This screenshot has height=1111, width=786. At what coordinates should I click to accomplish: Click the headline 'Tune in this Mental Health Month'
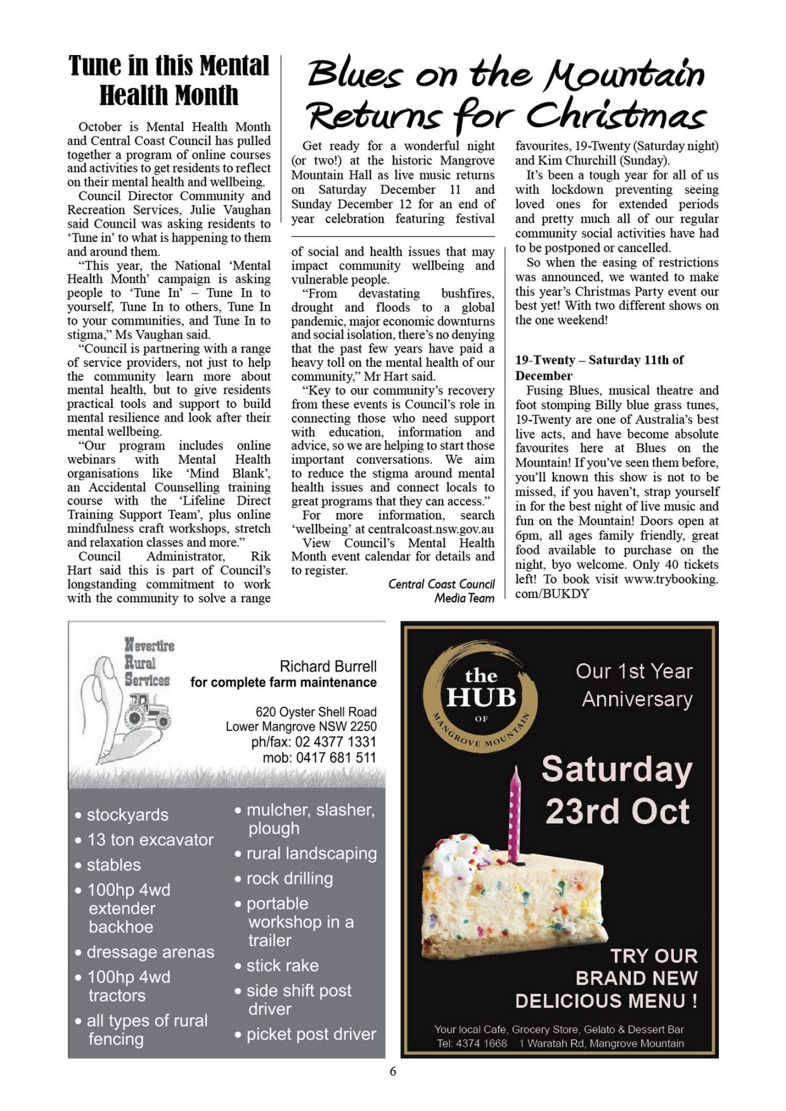point(168,80)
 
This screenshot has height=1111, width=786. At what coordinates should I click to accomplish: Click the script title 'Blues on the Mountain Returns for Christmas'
point(506,95)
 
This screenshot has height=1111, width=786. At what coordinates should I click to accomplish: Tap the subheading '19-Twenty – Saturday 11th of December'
point(599,367)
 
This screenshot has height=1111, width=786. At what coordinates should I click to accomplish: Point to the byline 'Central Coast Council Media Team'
point(442,591)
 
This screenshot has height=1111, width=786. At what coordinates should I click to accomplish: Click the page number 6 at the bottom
point(393,1071)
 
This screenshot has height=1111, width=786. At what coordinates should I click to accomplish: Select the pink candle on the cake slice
point(514,813)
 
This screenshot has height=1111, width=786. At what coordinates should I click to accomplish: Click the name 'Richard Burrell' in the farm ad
point(328,666)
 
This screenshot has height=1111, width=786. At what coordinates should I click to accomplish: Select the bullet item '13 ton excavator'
point(150,840)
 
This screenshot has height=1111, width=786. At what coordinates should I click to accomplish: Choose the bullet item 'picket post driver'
point(311,1034)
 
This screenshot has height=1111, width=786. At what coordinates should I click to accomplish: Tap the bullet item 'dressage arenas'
point(150,952)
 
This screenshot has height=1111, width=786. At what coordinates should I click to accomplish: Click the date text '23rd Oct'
point(617,811)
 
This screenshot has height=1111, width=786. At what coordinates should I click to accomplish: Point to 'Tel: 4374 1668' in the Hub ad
point(472,1043)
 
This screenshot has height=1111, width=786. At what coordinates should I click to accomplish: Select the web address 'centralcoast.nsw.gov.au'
point(431,529)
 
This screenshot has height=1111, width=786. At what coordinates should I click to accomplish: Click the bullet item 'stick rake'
point(282,965)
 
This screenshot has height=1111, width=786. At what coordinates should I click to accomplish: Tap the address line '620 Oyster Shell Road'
point(316,712)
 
